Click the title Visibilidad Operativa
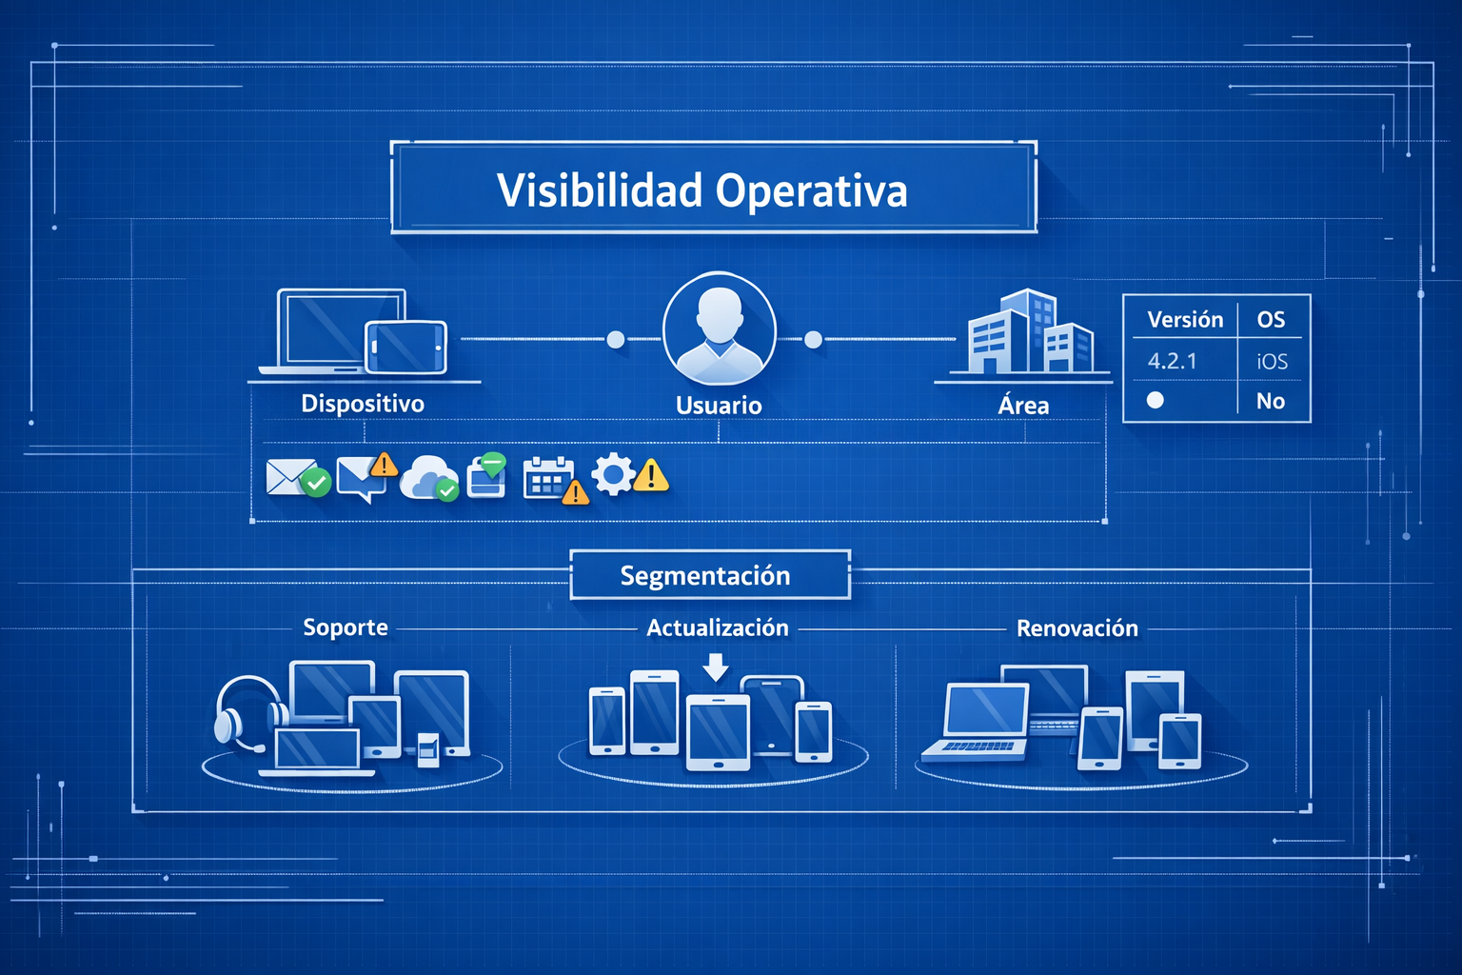(702, 189)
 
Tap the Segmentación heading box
(706, 575)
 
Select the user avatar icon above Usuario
(719, 327)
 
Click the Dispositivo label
(363, 404)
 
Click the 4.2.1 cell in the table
(1172, 361)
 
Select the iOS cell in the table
(1272, 362)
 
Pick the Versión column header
(1185, 319)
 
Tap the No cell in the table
(1271, 401)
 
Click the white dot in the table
(1155, 400)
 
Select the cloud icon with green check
(428, 476)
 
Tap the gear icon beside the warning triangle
(613, 474)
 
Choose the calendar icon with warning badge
(549, 478)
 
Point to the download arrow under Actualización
(716, 666)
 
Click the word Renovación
(1077, 628)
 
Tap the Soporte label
(346, 627)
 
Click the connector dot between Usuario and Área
(814, 340)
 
